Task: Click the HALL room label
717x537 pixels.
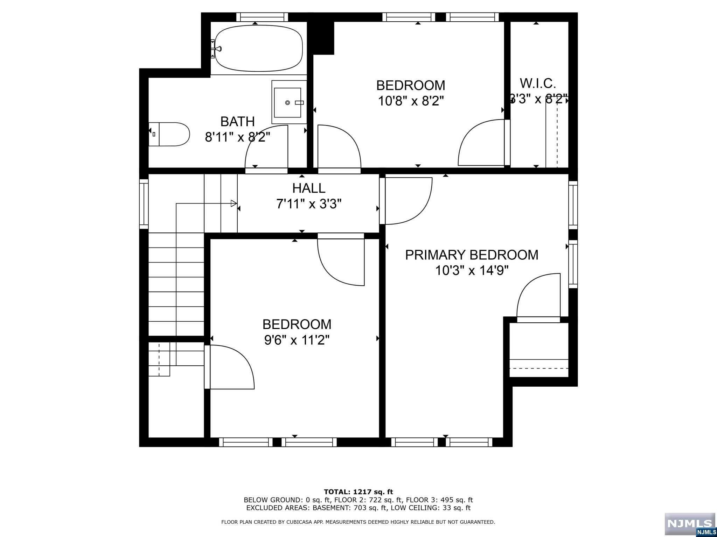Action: tap(309, 188)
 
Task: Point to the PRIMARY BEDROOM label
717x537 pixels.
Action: tap(472, 255)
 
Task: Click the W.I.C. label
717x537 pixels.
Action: tap(538, 84)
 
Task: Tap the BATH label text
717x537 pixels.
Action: tap(237, 122)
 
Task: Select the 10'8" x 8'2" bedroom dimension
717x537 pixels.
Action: tap(411, 101)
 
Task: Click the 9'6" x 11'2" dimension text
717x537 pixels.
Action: tap(297, 340)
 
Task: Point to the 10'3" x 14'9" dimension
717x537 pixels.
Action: tap(472, 270)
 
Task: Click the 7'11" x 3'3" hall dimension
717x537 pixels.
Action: tap(309, 203)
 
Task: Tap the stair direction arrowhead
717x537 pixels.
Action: tap(234, 203)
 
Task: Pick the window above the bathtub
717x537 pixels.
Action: tap(262, 17)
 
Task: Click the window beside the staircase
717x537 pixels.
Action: tap(144, 204)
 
